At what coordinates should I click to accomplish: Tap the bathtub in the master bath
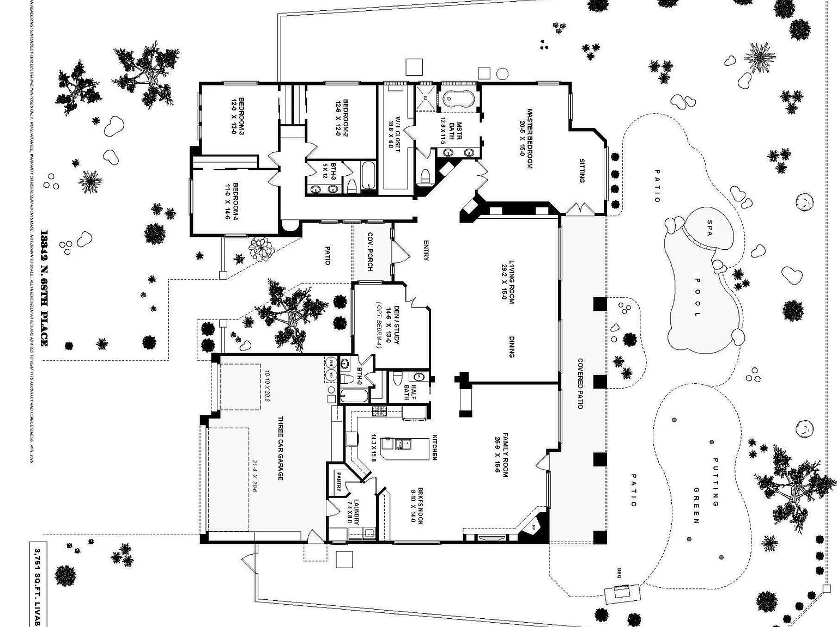[458, 99]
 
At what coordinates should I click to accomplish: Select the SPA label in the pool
[709, 228]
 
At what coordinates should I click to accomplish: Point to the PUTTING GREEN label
[706, 490]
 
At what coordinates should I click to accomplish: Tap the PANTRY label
[338, 482]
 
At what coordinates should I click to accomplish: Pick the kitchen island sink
[401, 445]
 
